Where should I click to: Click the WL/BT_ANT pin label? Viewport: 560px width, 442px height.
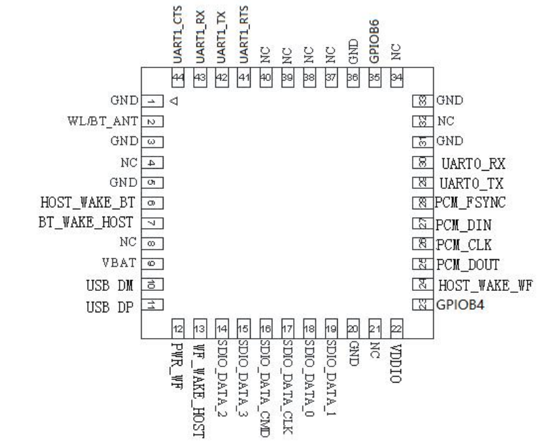[99, 121]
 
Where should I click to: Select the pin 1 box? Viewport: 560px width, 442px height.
[154, 101]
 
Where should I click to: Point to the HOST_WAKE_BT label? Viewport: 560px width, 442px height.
[89, 202]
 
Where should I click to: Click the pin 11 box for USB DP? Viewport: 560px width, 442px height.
[154, 305]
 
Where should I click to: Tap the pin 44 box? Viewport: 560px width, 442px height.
[178, 78]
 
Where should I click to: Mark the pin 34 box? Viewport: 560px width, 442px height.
[397, 78]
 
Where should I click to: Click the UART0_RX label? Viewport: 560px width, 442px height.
[474, 163]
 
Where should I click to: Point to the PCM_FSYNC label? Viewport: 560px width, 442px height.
[472, 202]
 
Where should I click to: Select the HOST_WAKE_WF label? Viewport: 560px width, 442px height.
[485, 285]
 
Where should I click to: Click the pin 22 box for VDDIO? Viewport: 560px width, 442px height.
[397, 329]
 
